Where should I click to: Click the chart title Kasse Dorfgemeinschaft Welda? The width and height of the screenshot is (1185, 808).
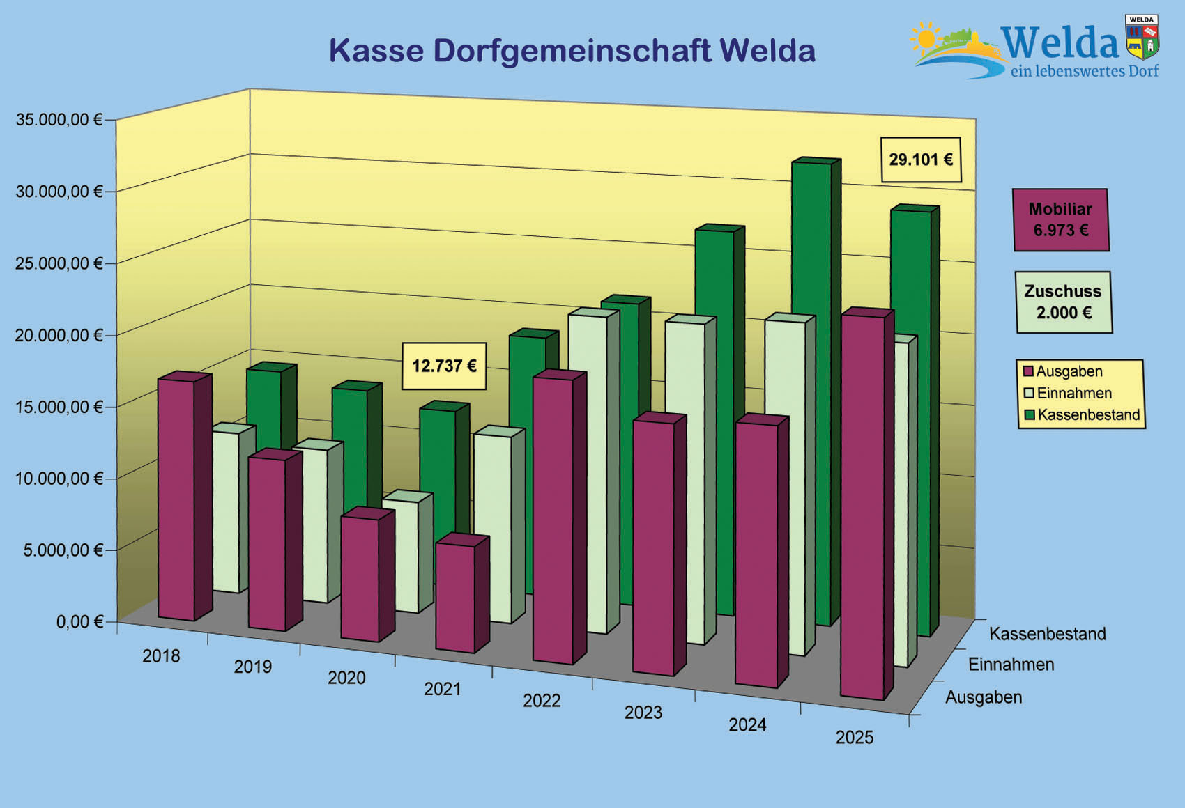[572, 51]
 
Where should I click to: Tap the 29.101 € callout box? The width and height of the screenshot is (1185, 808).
[921, 160]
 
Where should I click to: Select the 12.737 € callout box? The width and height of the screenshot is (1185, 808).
[444, 366]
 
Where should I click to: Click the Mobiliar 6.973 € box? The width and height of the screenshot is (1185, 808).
[1060, 219]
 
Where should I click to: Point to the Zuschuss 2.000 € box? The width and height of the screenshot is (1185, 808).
[1063, 302]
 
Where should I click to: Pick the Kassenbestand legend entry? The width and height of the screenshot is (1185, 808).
[1081, 415]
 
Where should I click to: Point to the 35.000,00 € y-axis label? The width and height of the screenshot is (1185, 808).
[59, 120]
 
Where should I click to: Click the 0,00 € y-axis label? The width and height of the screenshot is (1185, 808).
[79, 621]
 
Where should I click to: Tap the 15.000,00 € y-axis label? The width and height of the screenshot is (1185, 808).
[59, 407]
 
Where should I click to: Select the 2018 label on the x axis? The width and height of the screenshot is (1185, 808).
[161, 656]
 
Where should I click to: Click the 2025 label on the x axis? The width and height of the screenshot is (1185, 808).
[855, 737]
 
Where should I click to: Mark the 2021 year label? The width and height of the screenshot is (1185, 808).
[443, 689]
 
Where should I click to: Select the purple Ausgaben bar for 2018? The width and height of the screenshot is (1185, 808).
[176, 498]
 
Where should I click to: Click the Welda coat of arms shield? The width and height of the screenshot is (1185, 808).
[1142, 38]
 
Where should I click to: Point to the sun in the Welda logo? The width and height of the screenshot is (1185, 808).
[926, 38]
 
